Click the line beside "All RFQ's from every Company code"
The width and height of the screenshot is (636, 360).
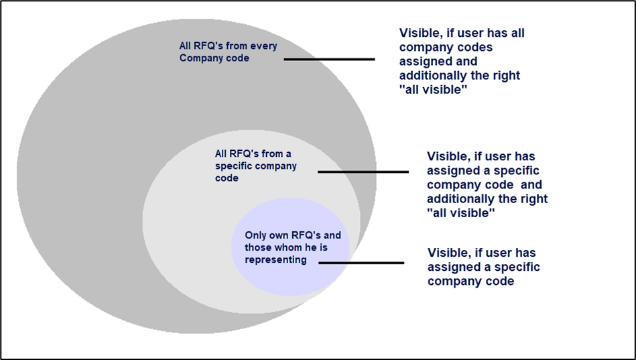329,59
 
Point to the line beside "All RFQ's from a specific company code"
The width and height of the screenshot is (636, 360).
363,172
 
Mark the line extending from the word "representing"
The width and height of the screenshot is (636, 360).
361,262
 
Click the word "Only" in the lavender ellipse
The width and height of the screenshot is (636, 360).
255,235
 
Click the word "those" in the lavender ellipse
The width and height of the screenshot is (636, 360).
258,247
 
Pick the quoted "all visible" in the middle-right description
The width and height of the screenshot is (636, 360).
461,213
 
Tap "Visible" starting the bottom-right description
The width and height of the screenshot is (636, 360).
450,253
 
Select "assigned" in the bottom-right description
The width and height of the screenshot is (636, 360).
457,267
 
